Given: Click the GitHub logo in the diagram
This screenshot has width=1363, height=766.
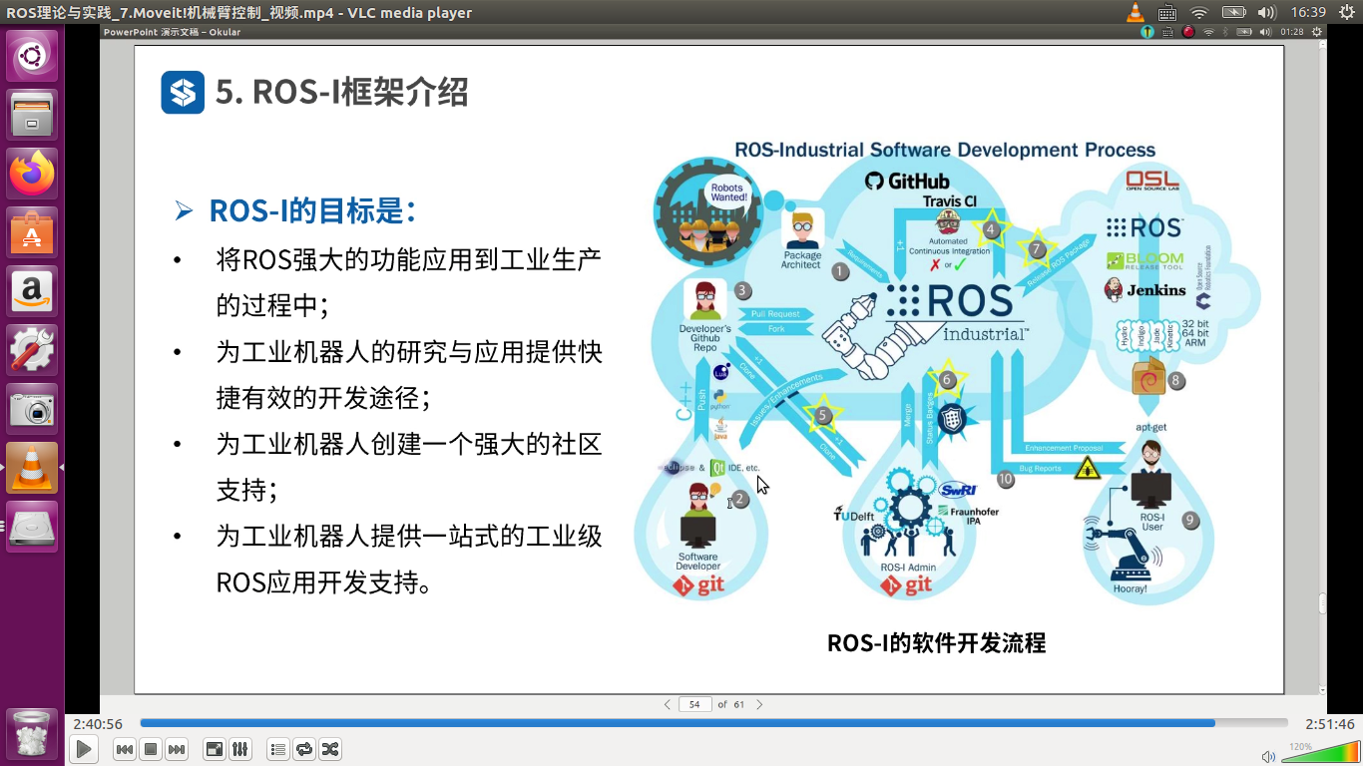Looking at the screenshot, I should point(907,181).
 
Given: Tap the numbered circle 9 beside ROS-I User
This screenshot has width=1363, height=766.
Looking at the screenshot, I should point(1189,520).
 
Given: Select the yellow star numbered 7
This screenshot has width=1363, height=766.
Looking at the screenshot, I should point(1037,249).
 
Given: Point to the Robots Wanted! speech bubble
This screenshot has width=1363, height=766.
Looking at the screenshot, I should point(728,191).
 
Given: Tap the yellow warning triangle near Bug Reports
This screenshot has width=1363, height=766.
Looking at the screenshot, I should point(1087,469).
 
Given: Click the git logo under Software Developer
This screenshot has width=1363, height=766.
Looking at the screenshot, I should point(698,586).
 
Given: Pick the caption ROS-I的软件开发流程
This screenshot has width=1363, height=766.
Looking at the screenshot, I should point(936,643).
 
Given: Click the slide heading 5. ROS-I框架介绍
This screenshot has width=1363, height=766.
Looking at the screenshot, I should point(341,93).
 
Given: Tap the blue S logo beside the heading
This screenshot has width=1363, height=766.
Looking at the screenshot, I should point(183,93).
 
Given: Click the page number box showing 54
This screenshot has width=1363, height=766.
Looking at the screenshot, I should point(694,704).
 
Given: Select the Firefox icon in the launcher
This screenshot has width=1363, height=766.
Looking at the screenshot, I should point(32,175).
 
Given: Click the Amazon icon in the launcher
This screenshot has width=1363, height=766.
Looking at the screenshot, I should point(32,291).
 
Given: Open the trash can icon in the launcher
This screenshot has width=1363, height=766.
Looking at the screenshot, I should point(32,734).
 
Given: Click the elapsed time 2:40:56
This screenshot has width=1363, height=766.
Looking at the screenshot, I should point(98,724).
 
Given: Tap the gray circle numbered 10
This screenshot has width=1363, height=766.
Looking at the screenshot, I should point(1005,480).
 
